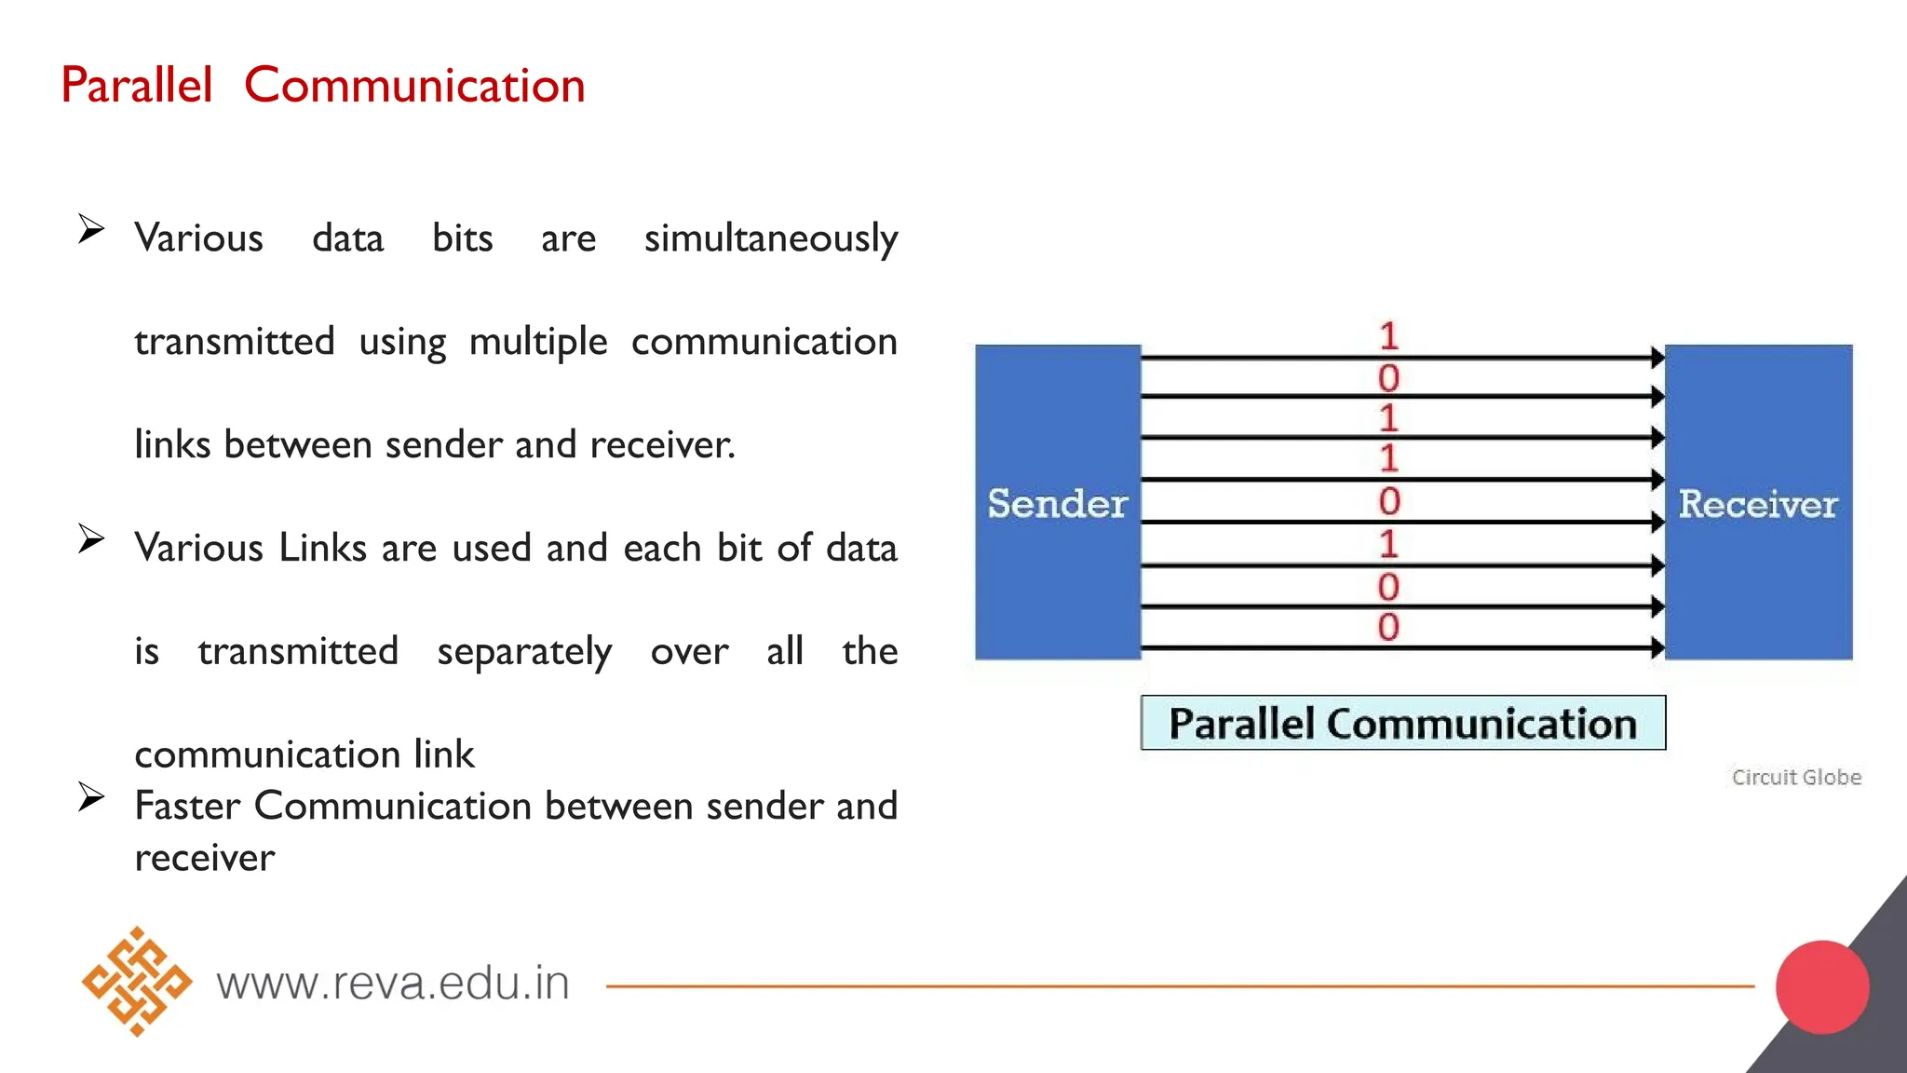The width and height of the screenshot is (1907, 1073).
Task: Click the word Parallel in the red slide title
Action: tap(137, 86)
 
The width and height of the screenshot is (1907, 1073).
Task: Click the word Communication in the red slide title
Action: tap(414, 86)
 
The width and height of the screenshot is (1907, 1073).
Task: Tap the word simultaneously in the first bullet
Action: tap(771, 238)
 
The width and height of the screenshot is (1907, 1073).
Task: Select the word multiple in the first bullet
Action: tap(538, 342)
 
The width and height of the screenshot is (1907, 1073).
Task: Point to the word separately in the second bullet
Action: tap(524, 651)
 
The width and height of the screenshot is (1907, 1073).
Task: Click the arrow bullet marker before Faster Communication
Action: tap(91, 796)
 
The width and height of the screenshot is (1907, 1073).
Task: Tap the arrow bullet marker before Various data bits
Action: tap(91, 228)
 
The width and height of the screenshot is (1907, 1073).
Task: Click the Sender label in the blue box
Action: tap(1058, 504)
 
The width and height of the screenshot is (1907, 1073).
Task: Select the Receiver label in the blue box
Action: tap(1758, 504)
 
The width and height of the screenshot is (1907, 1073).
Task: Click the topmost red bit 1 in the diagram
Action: tap(1388, 336)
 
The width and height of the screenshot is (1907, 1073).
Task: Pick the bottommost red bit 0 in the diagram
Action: tap(1388, 627)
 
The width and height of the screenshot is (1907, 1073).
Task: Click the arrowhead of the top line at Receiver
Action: tap(1657, 357)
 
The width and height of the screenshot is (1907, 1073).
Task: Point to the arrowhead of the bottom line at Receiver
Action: tap(1657, 647)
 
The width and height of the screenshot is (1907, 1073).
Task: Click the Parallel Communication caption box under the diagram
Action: tap(1403, 723)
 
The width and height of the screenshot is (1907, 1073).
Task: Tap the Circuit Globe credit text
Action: tap(1796, 777)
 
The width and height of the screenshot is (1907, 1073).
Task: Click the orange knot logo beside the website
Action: tap(137, 982)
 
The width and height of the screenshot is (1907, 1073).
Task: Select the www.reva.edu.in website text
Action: tap(393, 984)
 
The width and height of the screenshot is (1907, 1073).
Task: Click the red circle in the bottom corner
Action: tap(1822, 987)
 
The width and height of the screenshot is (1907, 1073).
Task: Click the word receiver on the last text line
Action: tap(205, 858)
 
